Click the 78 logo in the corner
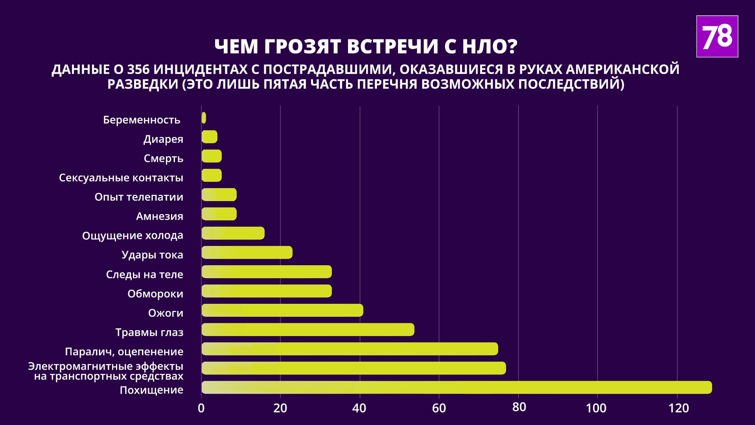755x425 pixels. click(x=717, y=37)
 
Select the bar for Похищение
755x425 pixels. click(x=456, y=387)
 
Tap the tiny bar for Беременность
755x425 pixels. click(x=204, y=118)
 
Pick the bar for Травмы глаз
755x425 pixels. click(x=308, y=329)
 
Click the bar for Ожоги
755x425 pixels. click(x=282, y=310)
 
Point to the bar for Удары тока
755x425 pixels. click(x=247, y=252)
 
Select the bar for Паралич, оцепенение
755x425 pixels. click(x=349, y=349)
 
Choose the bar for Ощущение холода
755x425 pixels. click(x=233, y=233)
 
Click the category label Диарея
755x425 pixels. click(x=163, y=139)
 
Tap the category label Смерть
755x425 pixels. click(x=163, y=159)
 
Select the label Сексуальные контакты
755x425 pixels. click(x=121, y=178)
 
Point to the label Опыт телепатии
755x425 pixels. click(x=139, y=197)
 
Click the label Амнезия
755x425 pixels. click(x=159, y=216)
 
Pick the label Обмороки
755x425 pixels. click(x=155, y=294)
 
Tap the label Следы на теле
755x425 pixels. click(x=144, y=275)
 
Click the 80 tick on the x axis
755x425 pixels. click(x=519, y=407)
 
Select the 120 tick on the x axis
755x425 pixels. click(x=678, y=408)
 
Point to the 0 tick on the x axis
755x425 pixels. click(x=201, y=408)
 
